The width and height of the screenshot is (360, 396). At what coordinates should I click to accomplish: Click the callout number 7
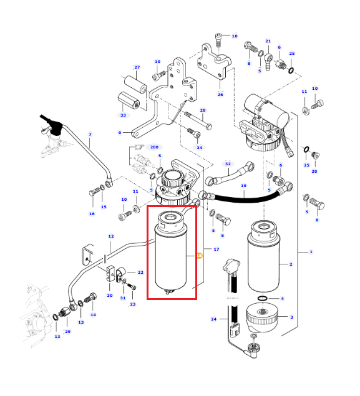pos(90,135)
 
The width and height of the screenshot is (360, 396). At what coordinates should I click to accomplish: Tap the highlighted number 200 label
pos(154,147)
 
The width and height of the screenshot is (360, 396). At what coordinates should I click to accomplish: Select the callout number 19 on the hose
pos(243,186)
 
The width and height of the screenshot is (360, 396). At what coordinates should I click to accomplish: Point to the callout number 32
pos(228,164)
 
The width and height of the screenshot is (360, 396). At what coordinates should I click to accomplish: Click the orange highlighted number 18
pos(199,256)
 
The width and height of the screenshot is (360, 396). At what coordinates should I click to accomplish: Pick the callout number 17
pos(216,249)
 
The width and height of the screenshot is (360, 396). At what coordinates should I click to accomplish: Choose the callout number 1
pos(311,252)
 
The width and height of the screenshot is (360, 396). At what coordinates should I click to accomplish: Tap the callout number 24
pos(214,319)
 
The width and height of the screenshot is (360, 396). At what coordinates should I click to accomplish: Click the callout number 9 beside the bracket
pos(120,133)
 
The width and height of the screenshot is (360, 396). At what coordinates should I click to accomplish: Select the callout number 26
pos(220,94)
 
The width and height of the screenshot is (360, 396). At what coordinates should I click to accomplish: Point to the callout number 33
pos(123,115)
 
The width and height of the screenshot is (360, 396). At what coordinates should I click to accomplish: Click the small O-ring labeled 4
pos(263,298)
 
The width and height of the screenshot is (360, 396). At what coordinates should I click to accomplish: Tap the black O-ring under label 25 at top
pos(291,70)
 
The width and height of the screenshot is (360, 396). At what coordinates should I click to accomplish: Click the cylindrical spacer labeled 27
pos(135,84)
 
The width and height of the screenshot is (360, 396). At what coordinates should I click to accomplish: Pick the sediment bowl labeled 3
pos(262,317)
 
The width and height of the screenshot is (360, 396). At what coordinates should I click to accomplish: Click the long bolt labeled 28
pos(198,121)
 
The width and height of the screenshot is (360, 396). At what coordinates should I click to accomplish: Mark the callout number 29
pos(68,332)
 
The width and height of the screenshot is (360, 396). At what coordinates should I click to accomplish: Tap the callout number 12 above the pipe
pos(111,236)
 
